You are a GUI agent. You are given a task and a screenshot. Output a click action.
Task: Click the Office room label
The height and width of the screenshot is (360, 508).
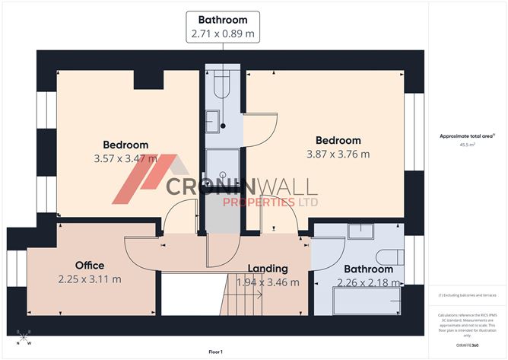pyautogui.click(x=89, y=265)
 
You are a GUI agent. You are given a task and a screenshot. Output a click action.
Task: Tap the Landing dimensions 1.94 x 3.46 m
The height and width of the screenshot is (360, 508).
pyautogui.click(x=267, y=282)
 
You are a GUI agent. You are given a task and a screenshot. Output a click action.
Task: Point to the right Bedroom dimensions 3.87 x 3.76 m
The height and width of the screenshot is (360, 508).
pyautogui.click(x=338, y=154)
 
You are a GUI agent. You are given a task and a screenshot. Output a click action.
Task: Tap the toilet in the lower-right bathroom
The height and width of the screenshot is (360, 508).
pyautogui.click(x=390, y=258)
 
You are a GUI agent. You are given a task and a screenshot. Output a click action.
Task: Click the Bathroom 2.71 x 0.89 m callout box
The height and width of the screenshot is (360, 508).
pyautogui.click(x=223, y=26)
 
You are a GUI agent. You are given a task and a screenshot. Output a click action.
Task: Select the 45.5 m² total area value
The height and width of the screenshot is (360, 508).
pyautogui.click(x=467, y=144)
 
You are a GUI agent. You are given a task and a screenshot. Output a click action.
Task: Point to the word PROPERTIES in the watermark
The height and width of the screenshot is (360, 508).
pyautogui.click(x=259, y=202)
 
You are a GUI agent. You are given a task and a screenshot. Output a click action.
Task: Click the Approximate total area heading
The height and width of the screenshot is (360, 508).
pyautogui.click(x=466, y=135)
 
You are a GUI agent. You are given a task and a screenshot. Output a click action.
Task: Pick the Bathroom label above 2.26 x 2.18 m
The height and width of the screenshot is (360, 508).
pyautogui.click(x=368, y=269)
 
